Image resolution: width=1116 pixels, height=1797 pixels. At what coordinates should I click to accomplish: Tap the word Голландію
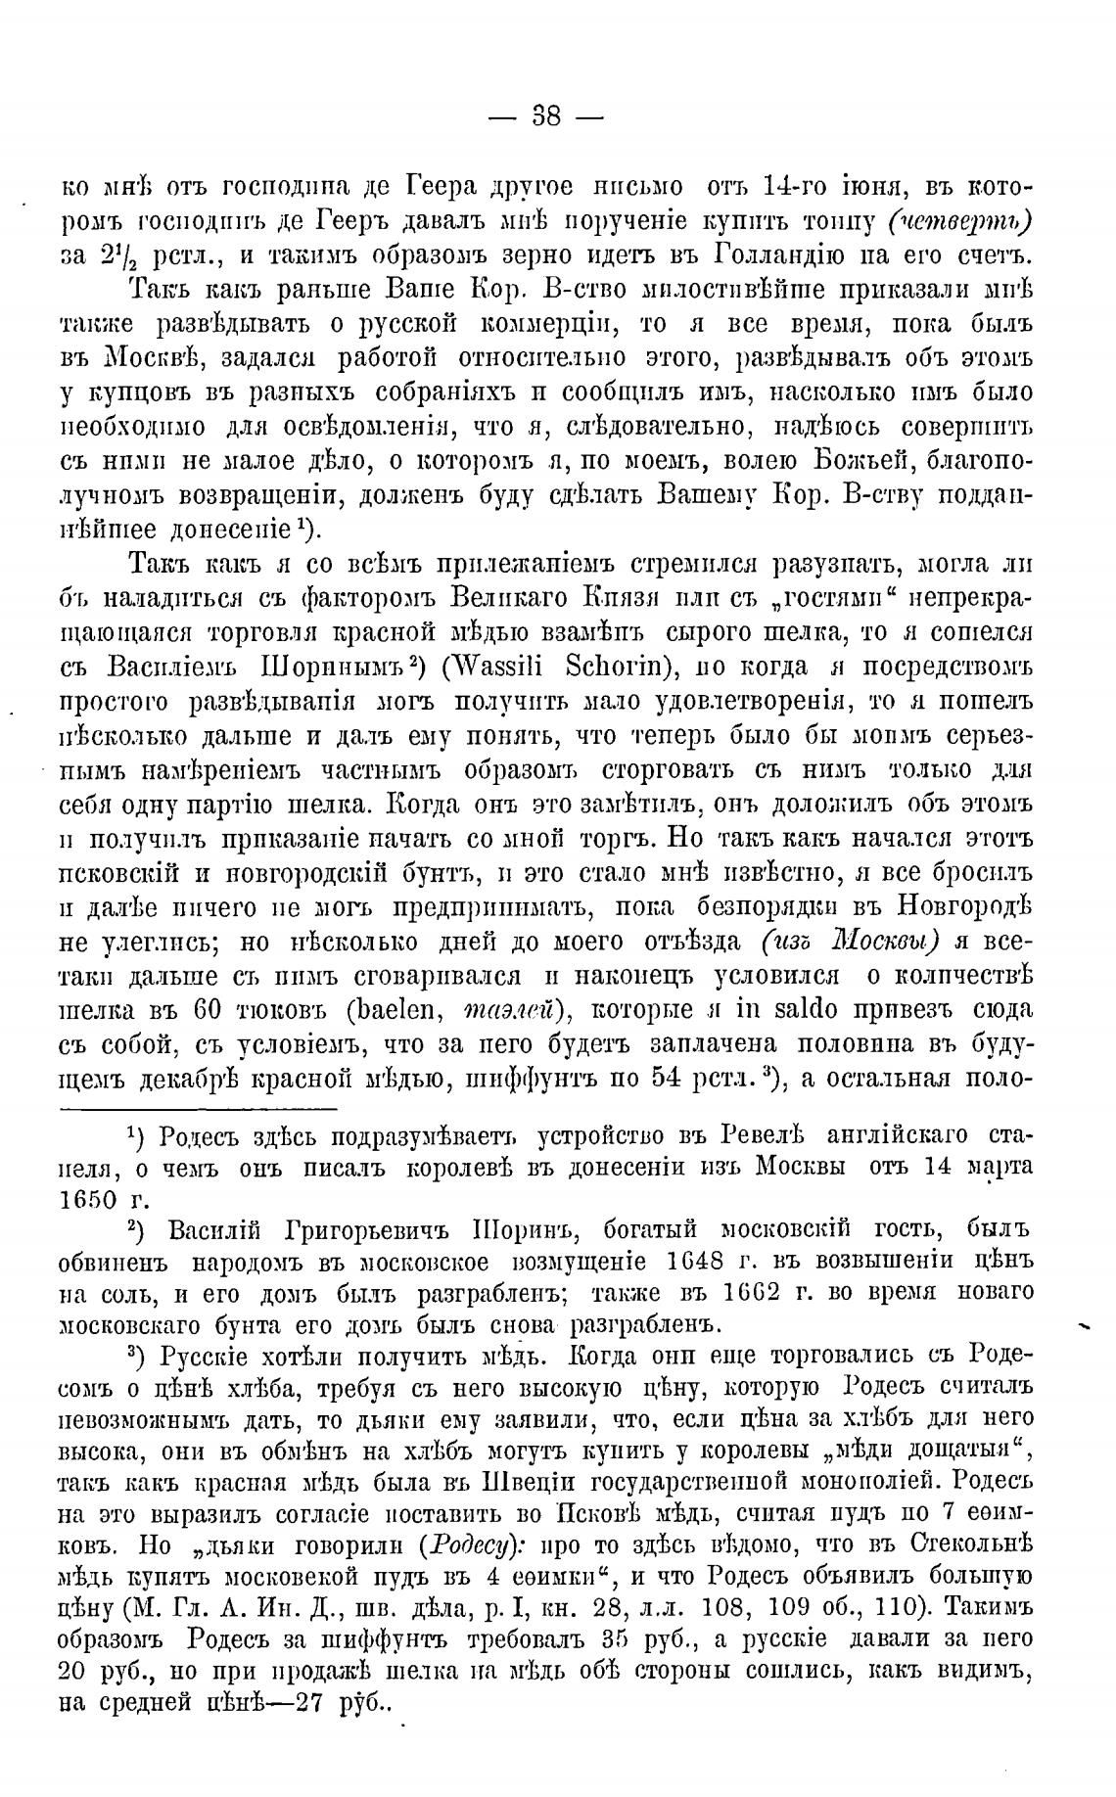[790, 254]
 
